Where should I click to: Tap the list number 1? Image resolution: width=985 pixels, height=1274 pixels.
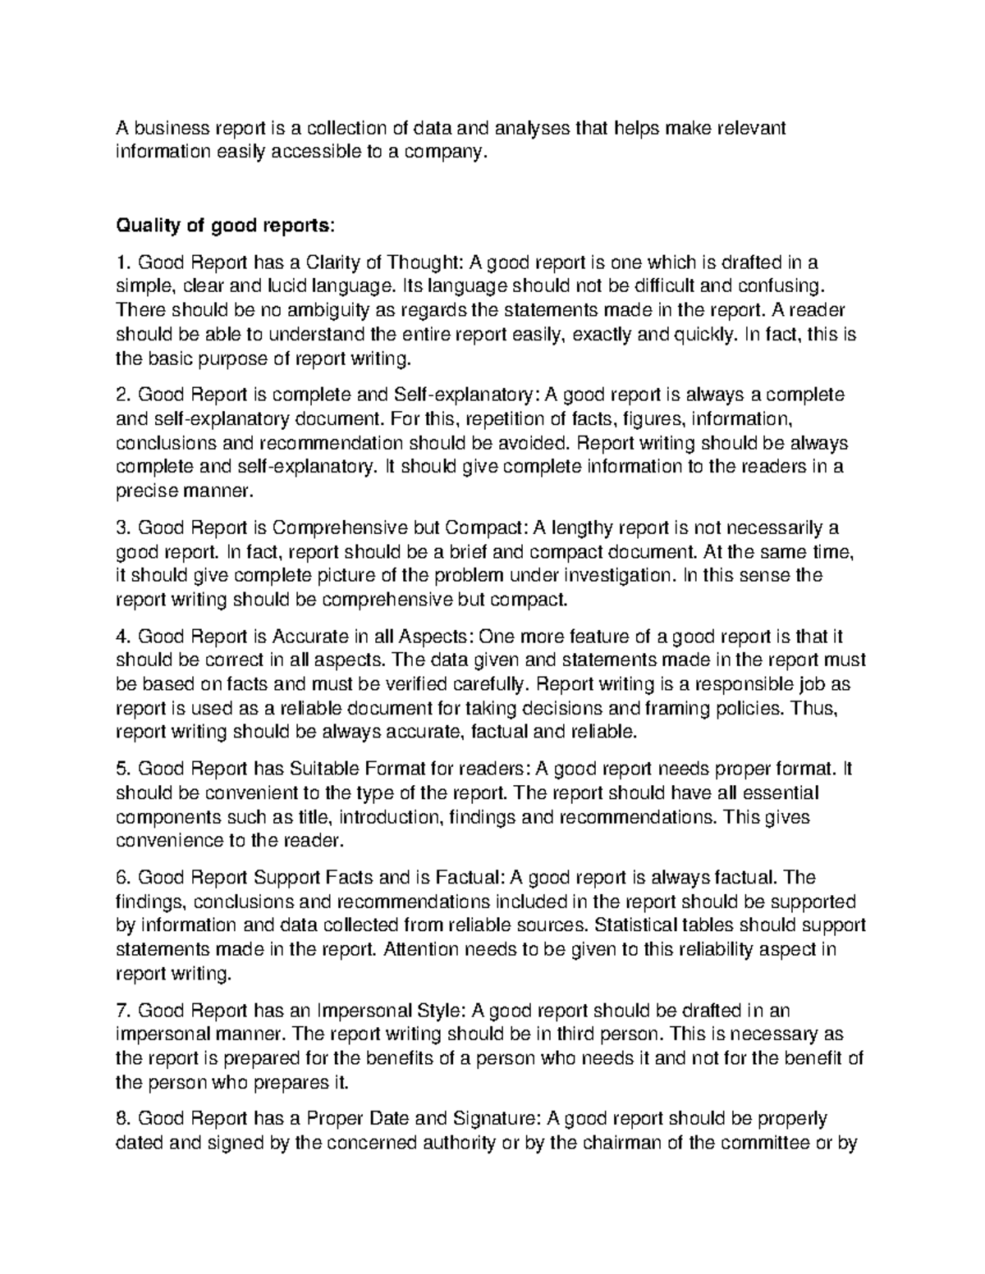pyautogui.click(x=122, y=263)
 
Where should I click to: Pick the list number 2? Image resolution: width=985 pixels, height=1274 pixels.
pyautogui.click(x=122, y=395)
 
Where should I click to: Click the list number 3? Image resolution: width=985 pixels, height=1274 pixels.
pyautogui.click(x=122, y=527)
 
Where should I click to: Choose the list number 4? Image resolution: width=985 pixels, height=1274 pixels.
pyautogui.click(x=122, y=637)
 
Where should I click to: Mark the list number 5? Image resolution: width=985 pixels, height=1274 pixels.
pyautogui.click(x=122, y=769)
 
